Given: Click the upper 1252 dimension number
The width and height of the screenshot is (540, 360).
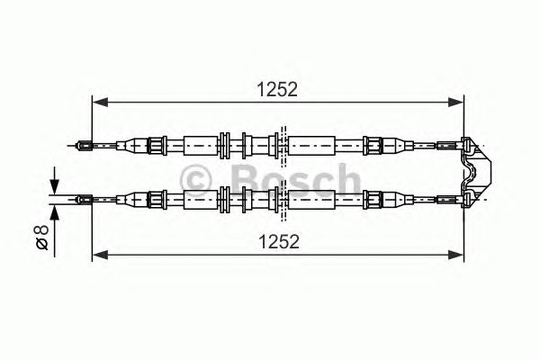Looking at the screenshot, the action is click(x=277, y=90).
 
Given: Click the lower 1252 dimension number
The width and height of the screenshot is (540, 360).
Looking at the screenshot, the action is click(x=279, y=241).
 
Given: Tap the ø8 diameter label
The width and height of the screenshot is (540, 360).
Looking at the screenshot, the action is click(x=41, y=238).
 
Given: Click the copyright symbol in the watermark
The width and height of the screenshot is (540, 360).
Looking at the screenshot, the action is click(x=195, y=179).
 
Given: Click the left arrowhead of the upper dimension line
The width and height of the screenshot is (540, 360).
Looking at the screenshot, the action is click(x=101, y=102).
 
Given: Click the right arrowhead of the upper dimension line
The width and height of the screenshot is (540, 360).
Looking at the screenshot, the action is click(x=455, y=102).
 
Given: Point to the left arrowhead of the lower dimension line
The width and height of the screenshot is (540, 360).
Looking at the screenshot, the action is click(x=101, y=255).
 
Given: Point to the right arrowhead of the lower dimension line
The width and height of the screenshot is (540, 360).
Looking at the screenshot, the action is click(x=455, y=255).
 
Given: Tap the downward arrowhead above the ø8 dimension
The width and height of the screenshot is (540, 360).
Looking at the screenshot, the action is click(x=54, y=186).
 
